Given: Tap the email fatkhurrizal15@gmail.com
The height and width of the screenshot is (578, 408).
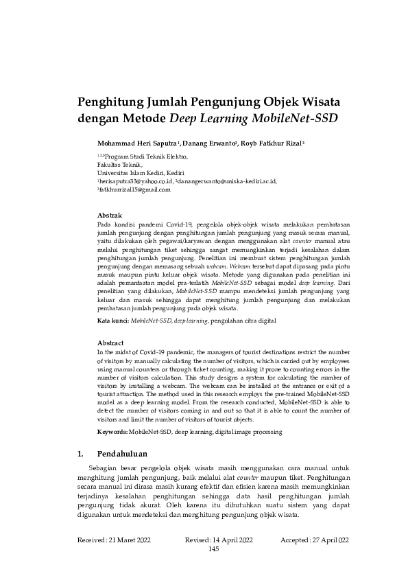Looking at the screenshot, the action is [x=135, y=189].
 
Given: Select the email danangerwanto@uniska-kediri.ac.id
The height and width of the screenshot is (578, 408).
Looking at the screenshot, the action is [x=227, y=181].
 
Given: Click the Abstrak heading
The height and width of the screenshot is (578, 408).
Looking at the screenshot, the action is [x=111, y=215].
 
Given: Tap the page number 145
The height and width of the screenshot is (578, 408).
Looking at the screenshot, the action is [x=213, y=549].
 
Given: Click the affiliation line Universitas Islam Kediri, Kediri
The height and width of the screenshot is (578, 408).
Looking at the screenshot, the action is [x=136, y=173].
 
